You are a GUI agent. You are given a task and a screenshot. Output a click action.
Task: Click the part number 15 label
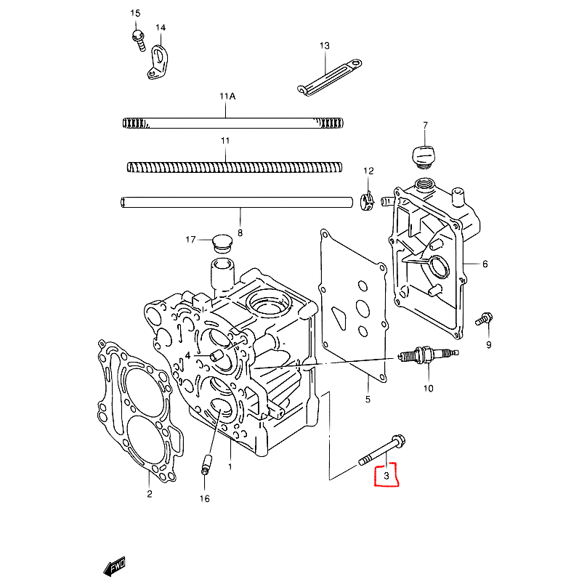pyautogui.click(x=135, y=14)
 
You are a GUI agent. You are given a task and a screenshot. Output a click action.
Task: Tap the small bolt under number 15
pyautogui.click(x=139, y=40)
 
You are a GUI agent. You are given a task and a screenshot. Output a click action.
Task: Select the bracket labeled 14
pyautogui.click(x=158, y=62)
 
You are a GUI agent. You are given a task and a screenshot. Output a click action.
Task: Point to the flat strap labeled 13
pyautogui.click(x=329, y=78)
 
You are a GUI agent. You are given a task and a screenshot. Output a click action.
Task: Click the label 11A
pyautogui.click(x=227, y=97)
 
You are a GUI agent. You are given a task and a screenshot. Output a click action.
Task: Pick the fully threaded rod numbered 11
pyautogui.click(x=235, y=167)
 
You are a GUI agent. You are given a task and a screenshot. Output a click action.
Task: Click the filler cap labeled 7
pyautogui.click(x=423, y=156)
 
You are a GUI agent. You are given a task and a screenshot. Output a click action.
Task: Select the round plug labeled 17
pyautogui.click(x=222, y=243)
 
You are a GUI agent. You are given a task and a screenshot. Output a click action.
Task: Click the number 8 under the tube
pyautogui.click(x=240, y=233)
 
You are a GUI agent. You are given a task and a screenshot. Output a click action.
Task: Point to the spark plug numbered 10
pyautogui.click(x=429, y=355)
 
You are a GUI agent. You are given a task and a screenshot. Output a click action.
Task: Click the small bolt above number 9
pyautogui.click(x=484, y=319)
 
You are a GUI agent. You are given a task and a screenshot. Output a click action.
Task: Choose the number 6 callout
pyautogui.click(x=485, y=264)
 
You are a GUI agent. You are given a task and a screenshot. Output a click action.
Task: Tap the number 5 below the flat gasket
pyautogui.click(x=368, y=400)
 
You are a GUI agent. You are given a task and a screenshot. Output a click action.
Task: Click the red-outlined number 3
pyautogui.click(x=386, y=476)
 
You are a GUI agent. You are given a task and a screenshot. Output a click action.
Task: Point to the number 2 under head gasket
pyautogui.click(x=150, y=494)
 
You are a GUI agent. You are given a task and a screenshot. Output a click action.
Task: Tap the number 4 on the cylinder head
pyautogui.click(x=187, y=355)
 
